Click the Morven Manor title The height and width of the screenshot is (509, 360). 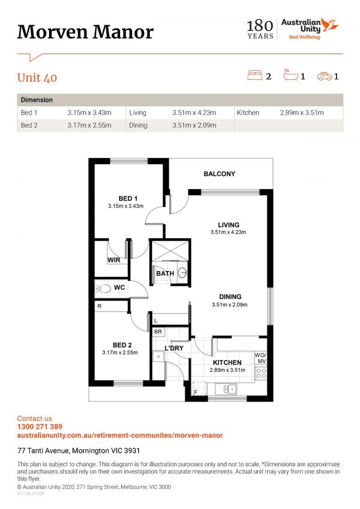(x=85, y=32)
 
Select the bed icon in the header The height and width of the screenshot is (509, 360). (x=255, y=75)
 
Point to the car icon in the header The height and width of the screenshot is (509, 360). (x=324, y=75)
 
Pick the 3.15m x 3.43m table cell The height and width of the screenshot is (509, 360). (x=90, y=113)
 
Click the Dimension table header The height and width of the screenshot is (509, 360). (x=37, y=100)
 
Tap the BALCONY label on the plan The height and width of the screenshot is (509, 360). (x=219, y=174)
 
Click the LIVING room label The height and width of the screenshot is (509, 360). (x=229, y=225)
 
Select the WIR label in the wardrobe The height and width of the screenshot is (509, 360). (x=114, y=260)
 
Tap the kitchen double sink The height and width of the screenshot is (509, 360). (x=229, y=389)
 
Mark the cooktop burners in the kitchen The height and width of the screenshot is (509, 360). (x=261, y=374)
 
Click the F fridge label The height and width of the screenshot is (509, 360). (x=196, y=391)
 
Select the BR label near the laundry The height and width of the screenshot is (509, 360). (x=158, y=332)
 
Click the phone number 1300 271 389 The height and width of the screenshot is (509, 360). (x=40, y=427)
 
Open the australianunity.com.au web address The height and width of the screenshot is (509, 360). (x=120, y=435)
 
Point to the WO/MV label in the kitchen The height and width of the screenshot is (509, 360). (x=261, y=358)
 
